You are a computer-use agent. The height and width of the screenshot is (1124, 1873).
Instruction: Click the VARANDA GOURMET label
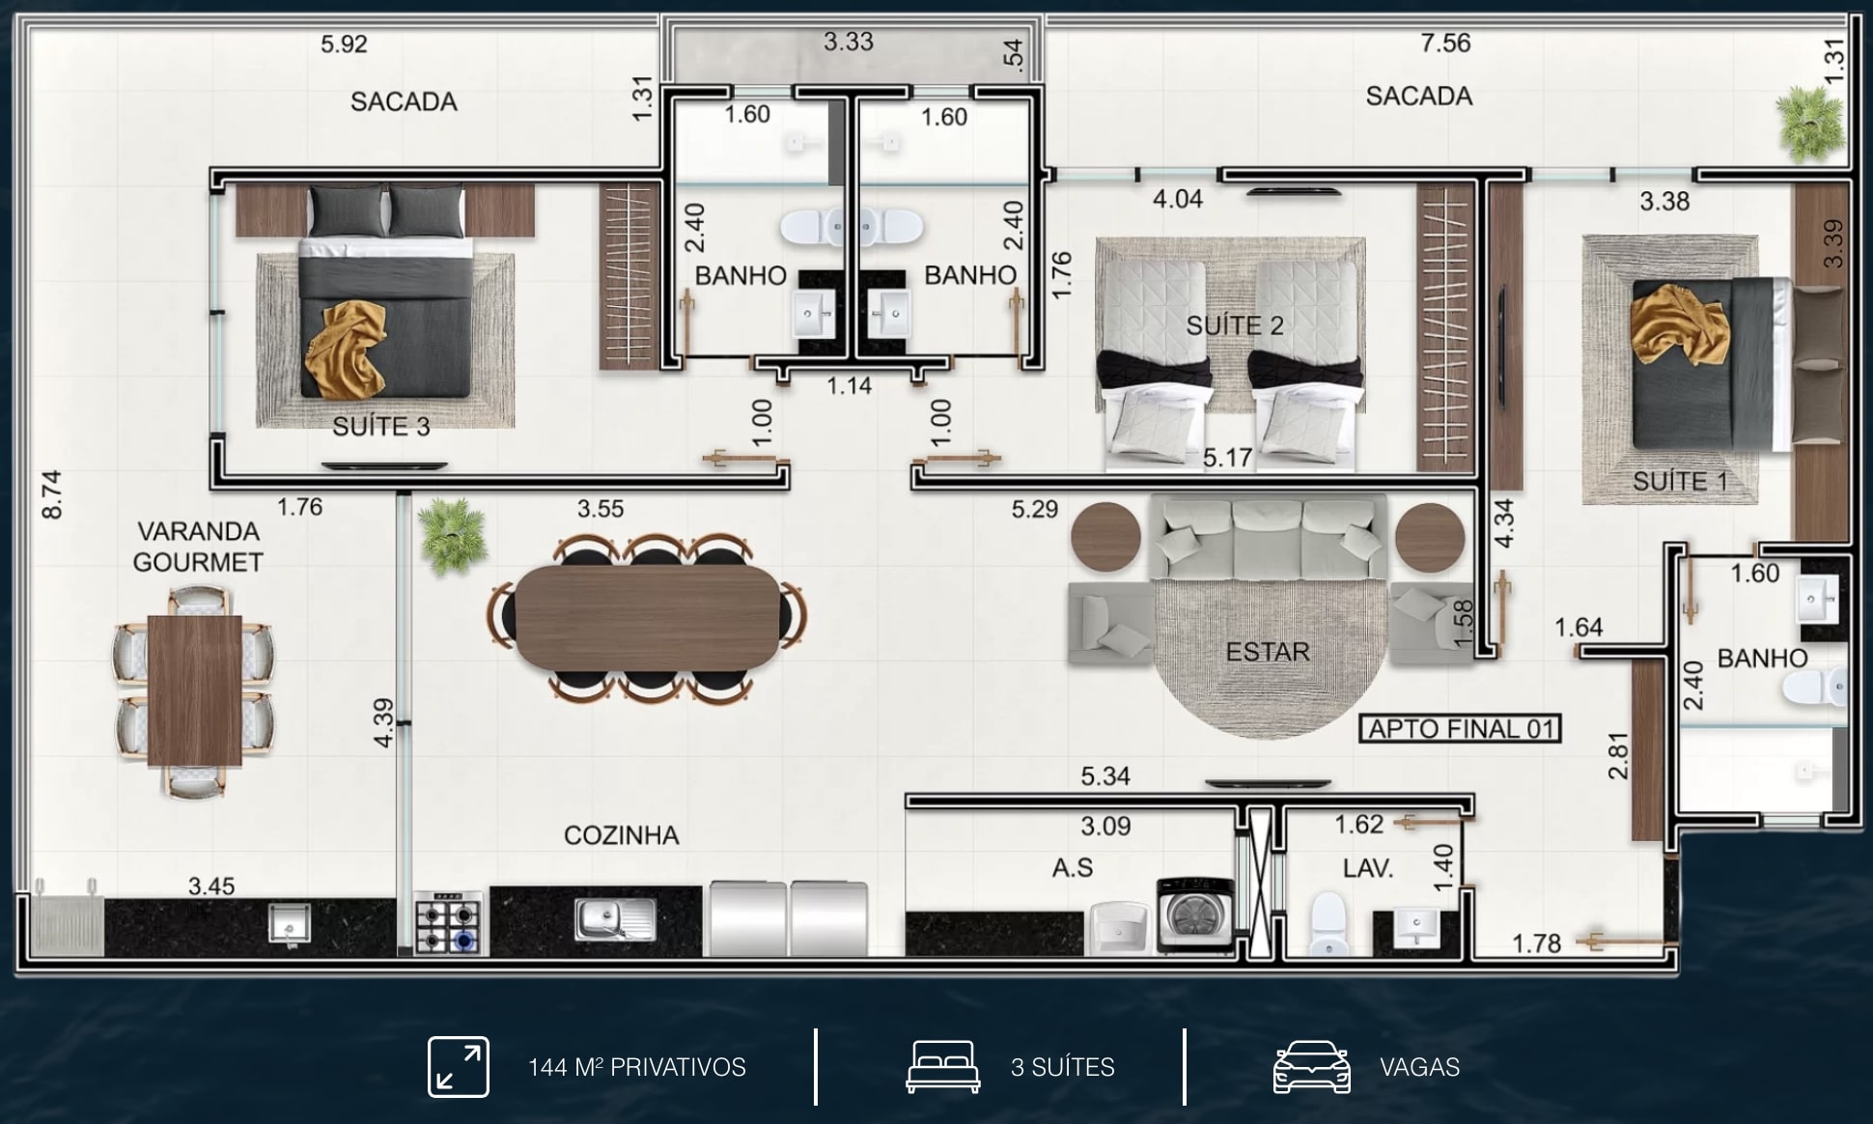[x=198, y=547]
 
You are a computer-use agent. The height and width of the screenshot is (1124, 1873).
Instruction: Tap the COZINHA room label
[x=621, y=835]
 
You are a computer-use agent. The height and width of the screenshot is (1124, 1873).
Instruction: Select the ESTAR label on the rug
[x=1268, y=652]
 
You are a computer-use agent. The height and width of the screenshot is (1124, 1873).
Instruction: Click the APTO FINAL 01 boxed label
[x=1460, y=728]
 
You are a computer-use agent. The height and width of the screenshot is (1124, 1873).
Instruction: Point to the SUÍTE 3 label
[x=381, y=426]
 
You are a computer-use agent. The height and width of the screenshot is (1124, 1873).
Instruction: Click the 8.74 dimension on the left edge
[x=52, y=494]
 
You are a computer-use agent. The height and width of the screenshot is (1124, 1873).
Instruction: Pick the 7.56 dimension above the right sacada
[x=1445, y=42]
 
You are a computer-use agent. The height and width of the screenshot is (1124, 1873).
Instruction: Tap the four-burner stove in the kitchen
[x=448, y=924]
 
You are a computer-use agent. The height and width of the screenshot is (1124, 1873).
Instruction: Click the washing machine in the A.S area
[x=1195, y=914]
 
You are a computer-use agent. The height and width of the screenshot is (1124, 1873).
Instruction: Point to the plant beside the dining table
[x=449, y=535]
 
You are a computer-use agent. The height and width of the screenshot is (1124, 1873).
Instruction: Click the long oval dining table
[x=647, y=617]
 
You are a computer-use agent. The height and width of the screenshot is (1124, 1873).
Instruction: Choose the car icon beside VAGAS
[x=1311, y=1067]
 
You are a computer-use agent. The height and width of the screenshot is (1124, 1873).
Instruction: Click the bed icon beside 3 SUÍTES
[x=943, y=1067]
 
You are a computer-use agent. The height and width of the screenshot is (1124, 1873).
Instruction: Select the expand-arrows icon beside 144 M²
[x=459, y=1067]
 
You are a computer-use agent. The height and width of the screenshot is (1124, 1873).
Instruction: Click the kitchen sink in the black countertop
[x=615, y=919]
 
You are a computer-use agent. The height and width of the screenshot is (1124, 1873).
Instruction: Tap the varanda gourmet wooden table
[x=194, y=690]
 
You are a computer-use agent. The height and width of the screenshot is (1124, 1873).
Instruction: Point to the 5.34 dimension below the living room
[x=1105, y=775]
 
